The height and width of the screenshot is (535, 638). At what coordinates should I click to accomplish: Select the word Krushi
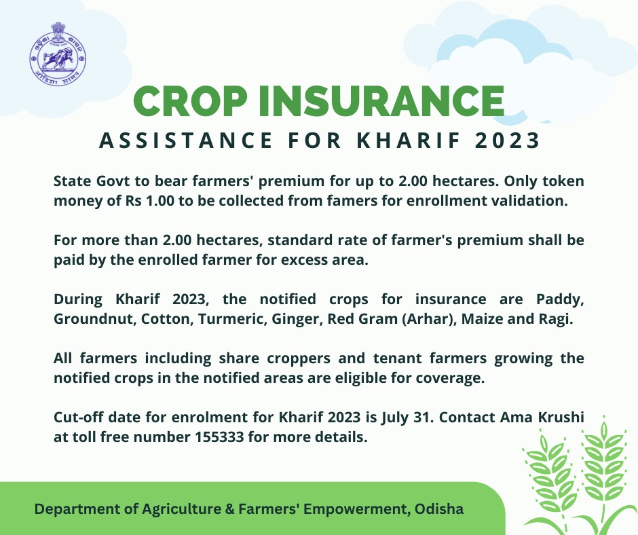pos(559,418)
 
